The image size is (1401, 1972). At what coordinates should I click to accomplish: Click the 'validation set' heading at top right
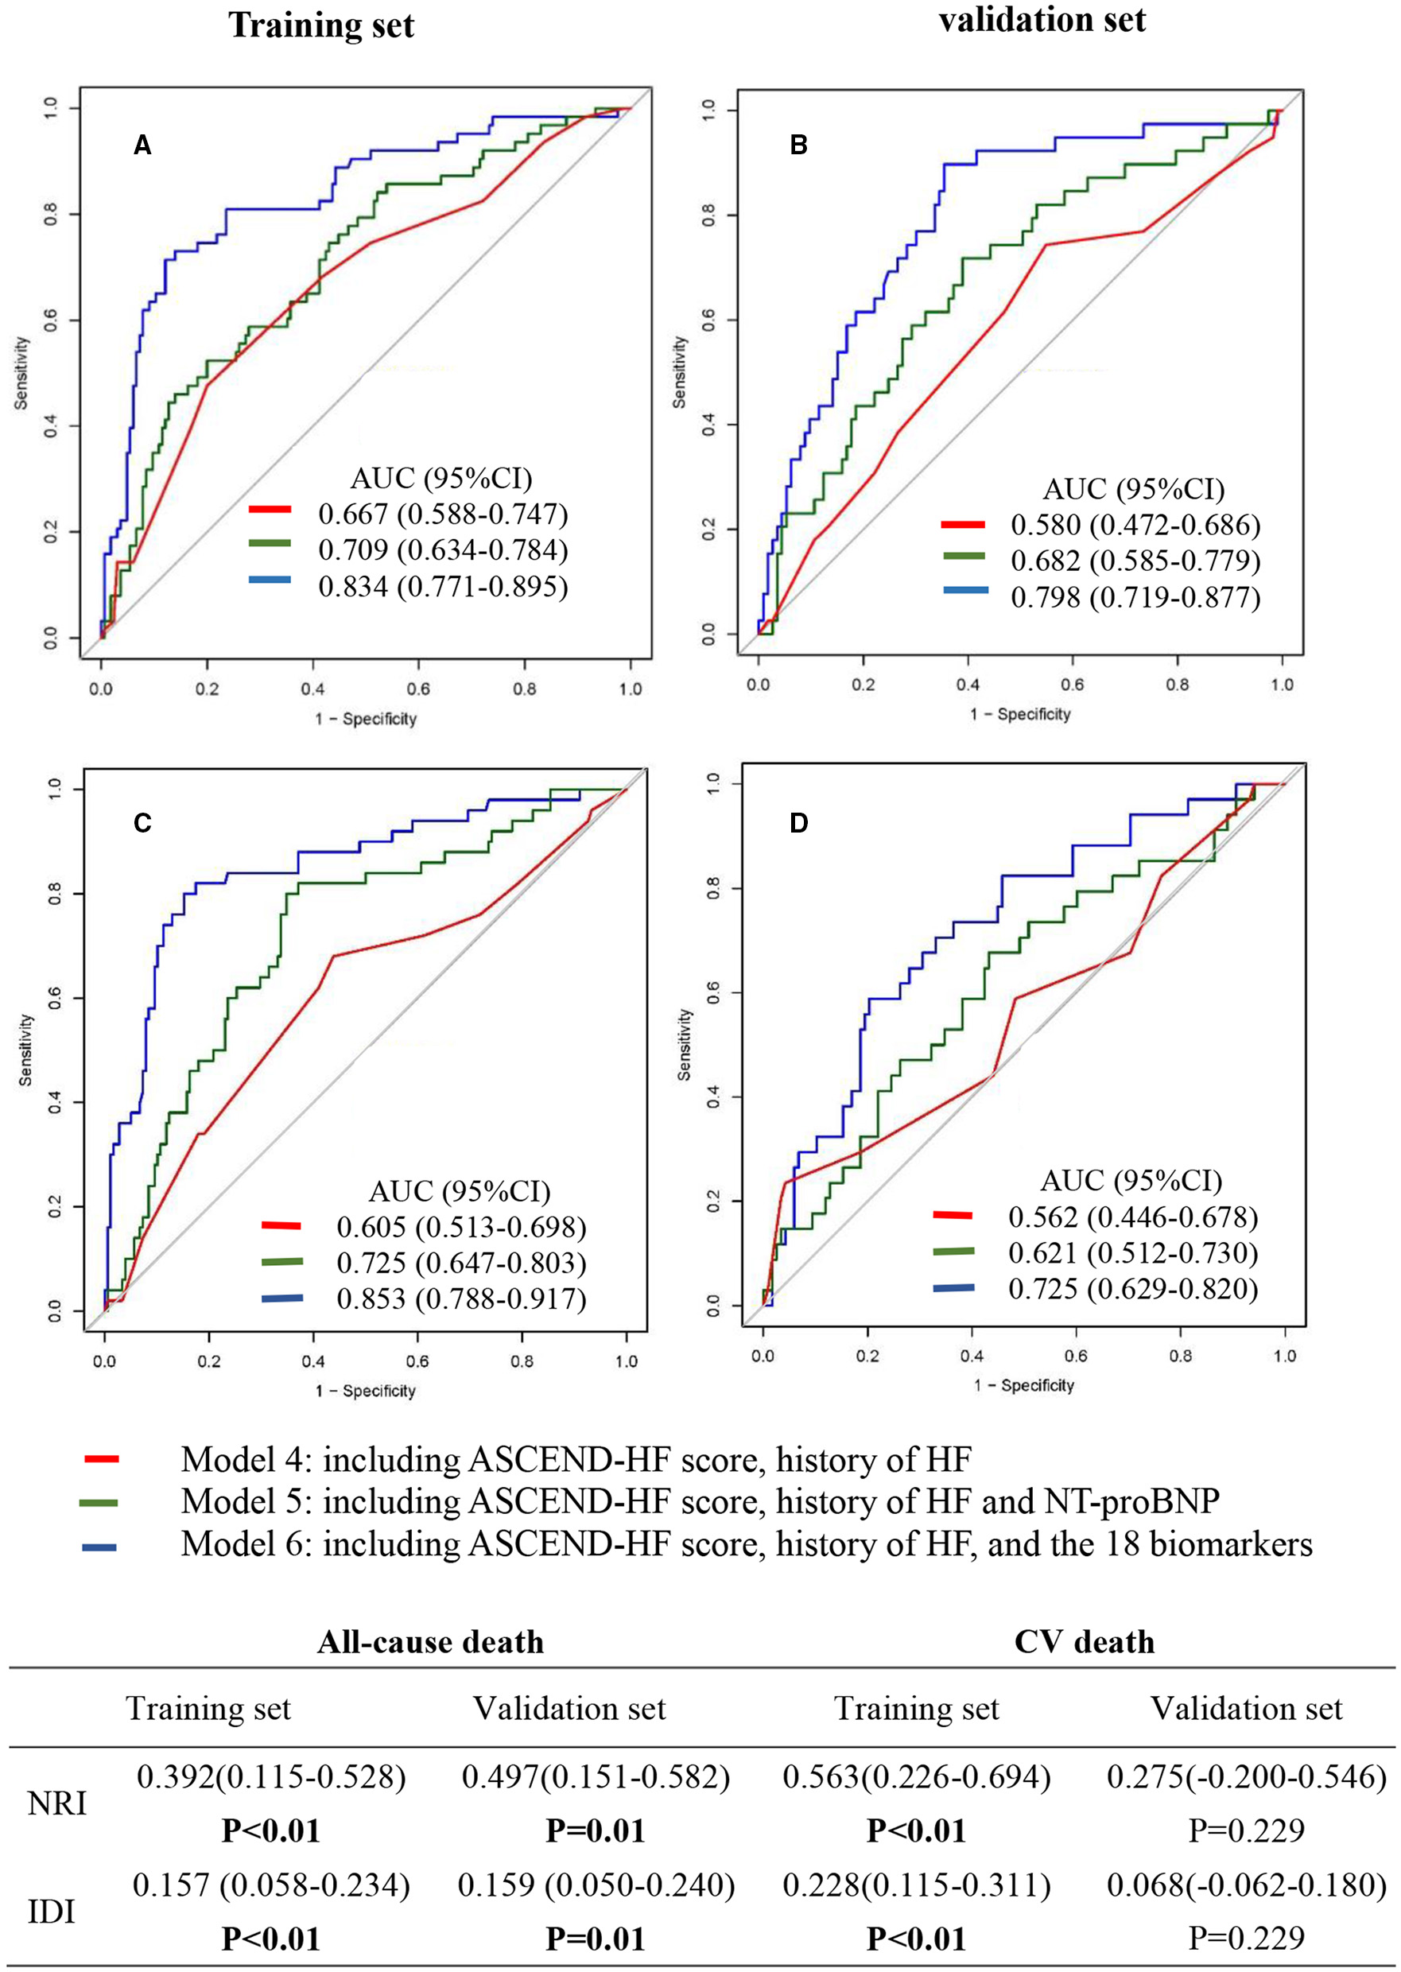(1042, 19)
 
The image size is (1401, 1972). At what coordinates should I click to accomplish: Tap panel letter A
(142, 146)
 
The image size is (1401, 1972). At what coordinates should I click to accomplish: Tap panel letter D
(799, 823)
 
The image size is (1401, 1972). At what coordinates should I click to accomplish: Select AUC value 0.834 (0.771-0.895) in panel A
(443, 587)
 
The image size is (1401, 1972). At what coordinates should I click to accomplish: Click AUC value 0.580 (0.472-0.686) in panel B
(1135, 525)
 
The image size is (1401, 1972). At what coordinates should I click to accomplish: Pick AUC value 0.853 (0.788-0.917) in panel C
(460, 1298)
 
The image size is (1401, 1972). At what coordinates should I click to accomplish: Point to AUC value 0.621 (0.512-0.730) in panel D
(1133, 1252)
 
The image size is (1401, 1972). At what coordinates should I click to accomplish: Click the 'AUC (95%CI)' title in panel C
(459, 1191)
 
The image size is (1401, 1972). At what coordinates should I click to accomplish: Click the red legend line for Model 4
(101, 1460)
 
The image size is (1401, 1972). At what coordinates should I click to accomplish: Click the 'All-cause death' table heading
(430, 1641)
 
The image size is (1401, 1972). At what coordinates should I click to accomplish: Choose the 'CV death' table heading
(1084, 1641)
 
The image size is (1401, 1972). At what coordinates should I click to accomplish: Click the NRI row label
(57, 1803)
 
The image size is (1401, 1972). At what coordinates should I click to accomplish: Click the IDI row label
(52, 1912)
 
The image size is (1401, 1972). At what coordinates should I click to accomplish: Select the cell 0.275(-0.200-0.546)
(1246, 1777)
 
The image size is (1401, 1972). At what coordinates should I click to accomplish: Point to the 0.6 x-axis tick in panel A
(418, 689)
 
